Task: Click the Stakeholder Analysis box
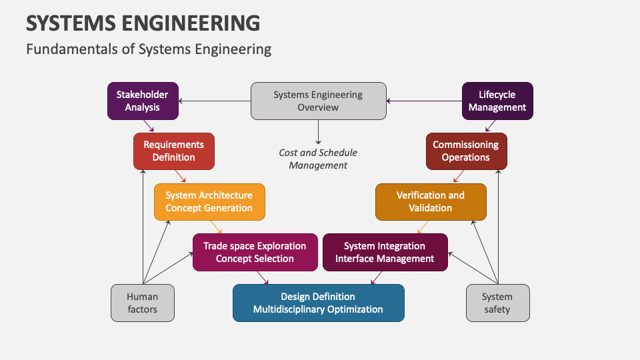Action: pos(143,101)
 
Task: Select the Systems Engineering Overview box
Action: pos(318,101)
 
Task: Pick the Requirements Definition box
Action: pos(174,151)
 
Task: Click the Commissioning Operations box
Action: pos(466,151)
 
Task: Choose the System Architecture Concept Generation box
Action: pos(209,201)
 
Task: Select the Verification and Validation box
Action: pos(431,201)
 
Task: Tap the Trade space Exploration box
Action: pos(255,252)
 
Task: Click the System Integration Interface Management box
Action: pos(385,252)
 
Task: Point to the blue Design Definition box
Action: pos(318,303)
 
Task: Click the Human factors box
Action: pos(143,303)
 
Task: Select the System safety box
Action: pos(497,303)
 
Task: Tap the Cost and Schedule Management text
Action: pos(318,159)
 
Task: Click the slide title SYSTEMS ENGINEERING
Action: pos(143,23)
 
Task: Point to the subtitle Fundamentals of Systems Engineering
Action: pos(149,49)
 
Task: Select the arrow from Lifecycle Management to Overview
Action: pos(424,101)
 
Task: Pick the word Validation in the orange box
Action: pos(431,208)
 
